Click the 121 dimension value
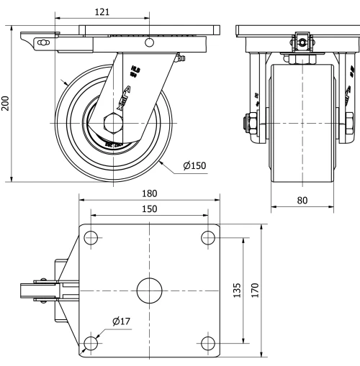(102, 12)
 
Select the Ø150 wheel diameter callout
(194, 166)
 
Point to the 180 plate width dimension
(149, 195)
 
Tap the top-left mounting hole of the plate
(91, 238)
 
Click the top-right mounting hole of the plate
(208, 238)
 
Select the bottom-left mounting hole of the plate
(91, 342)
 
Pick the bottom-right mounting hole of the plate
(208, 342)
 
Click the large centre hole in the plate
(149, 290)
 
